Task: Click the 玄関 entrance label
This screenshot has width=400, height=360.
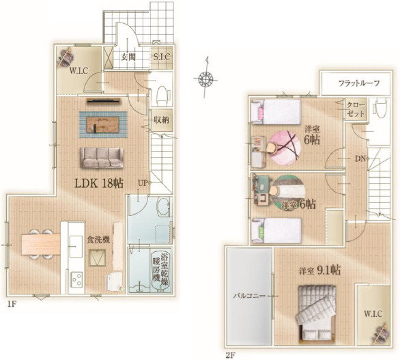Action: pos(127,57)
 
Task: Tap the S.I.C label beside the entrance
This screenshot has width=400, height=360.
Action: pos(162,57)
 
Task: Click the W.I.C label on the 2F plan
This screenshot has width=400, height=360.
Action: pos(373,314)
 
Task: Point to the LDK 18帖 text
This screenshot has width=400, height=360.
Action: pos(98,183)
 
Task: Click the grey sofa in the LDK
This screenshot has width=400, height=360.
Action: pos(102,158)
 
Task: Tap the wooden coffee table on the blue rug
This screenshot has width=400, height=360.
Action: pos(103,124)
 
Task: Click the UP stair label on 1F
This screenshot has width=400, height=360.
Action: pos(142,182)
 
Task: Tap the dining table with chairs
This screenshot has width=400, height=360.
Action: pos(38,243)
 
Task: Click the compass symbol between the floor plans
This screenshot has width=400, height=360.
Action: pos(204,79)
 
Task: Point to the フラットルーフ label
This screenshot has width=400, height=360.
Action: pos(358,83)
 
